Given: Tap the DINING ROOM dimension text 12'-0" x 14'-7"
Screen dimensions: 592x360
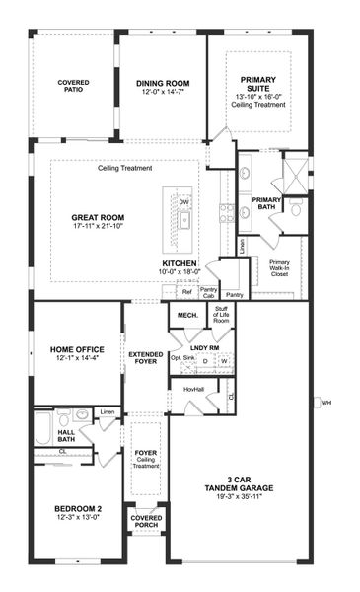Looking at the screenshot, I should click(x=163, y=92).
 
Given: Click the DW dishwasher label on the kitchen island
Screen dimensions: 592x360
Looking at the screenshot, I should click(x=184, y=201).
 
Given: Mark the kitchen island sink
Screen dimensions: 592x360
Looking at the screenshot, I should click(x=184, y=220).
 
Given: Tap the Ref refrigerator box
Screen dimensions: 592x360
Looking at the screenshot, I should click(x=186, y=292).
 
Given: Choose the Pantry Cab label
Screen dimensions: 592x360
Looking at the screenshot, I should click(x=208, y=293).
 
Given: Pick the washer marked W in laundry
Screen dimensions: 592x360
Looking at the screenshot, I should click(x=223, y=361).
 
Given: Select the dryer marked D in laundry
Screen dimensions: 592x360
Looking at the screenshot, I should click(x=204, y=361).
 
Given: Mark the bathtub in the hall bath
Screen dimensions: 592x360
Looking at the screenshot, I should click(x=43, y=430).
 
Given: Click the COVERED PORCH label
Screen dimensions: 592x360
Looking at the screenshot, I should click(x=146, y=520).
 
